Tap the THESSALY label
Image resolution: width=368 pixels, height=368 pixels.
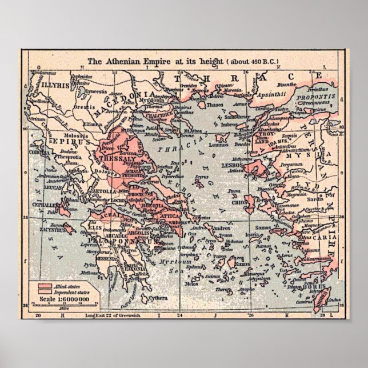[x=115, y=158]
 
